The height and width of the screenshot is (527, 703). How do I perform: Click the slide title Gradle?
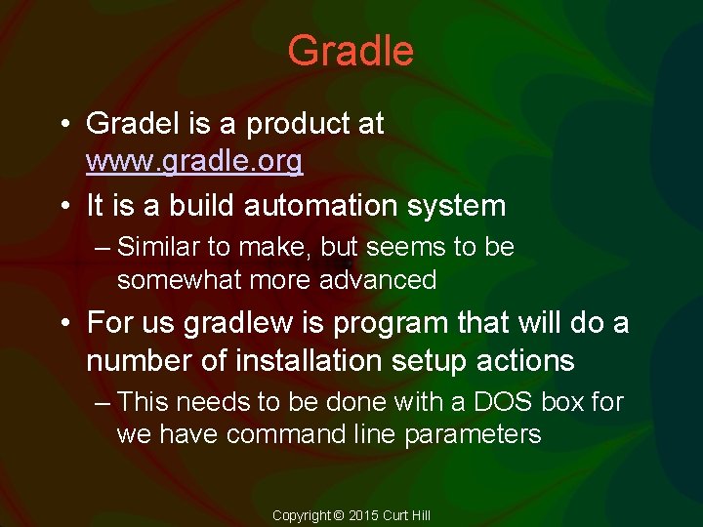(x=351, y=51)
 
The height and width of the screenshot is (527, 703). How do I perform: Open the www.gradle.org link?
(x=194, y=161)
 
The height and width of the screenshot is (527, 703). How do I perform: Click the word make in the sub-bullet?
(x=270, y=248)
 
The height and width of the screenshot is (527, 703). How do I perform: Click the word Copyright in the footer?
(x=302, y=515)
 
